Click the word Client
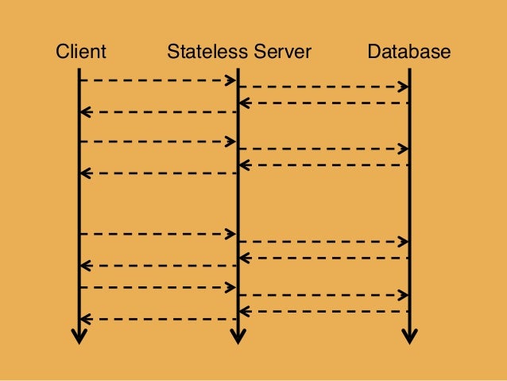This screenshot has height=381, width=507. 80,52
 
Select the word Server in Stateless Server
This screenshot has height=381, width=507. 282,52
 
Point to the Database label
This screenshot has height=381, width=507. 408,52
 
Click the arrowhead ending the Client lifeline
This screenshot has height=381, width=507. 79,335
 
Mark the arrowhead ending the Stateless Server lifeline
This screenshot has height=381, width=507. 238,335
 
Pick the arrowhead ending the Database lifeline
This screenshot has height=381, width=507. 409,335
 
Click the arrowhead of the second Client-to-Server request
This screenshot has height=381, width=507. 232,142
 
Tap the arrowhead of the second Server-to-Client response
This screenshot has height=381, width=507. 84,172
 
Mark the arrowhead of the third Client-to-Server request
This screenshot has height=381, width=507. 232,234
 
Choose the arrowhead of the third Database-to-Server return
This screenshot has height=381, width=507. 244,258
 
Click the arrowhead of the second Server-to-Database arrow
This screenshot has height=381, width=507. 404,149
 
